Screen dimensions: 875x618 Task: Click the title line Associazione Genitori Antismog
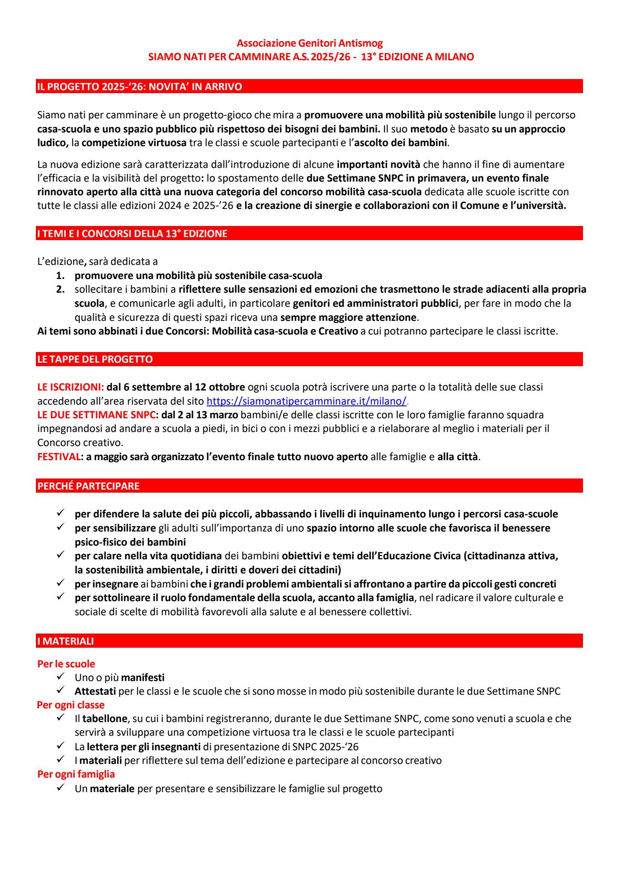point(310,43)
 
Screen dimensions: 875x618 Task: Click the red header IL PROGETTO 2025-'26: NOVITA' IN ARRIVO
point(139,87)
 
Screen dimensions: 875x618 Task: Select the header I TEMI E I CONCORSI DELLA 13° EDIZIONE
point(132,234)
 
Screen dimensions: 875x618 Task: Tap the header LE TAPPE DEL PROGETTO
point(95,359)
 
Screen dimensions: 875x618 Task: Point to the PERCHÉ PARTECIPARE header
point(88,486)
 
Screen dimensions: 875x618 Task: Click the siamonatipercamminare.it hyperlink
point(306,401)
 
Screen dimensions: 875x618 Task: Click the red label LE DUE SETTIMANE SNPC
point(96,415)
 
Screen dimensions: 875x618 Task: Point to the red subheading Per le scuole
point(66,664)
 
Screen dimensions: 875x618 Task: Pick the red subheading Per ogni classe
point(71,705)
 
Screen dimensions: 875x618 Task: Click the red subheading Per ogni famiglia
point(76,774)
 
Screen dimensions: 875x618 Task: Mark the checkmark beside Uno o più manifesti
point(60,677)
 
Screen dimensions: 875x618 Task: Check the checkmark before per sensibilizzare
point(60,528)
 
